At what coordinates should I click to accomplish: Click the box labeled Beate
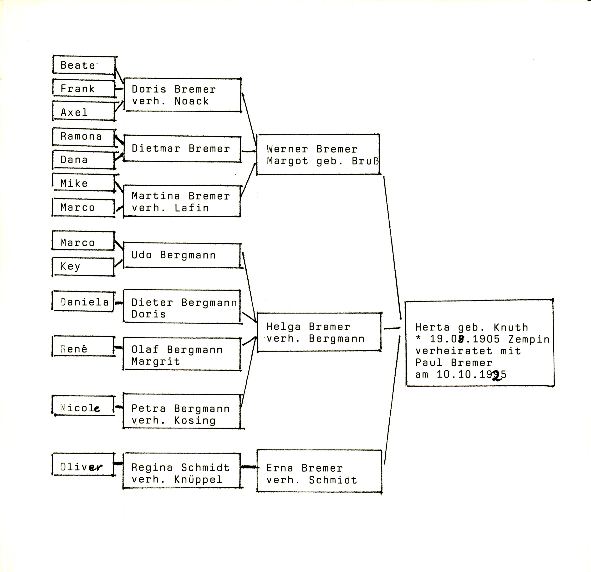84,65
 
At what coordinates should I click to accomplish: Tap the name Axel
74,112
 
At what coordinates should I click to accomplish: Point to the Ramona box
84,137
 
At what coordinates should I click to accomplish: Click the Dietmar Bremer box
182,149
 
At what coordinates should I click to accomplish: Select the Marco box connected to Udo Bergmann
83,241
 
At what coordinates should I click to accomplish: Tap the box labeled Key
83,266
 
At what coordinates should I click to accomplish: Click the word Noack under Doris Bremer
192,101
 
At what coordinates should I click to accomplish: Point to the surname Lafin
192,208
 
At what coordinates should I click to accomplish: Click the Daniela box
83,301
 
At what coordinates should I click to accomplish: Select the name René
74,349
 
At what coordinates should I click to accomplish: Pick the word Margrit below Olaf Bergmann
156,362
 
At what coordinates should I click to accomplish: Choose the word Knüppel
198,479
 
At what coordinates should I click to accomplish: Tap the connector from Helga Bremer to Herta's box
392,328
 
